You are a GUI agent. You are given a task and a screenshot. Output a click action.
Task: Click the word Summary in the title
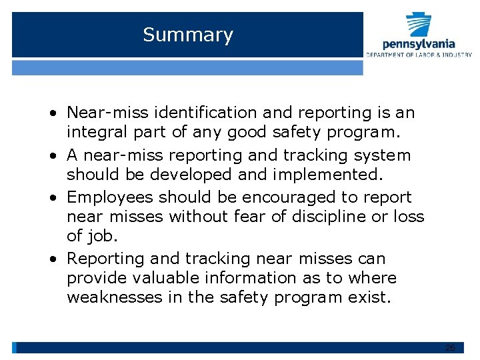(188, 35)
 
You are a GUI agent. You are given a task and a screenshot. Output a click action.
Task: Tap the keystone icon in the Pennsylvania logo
(419, 25)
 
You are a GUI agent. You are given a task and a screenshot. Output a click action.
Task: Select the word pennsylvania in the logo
(419, 44)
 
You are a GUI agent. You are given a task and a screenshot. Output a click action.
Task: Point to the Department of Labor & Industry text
(419, 55)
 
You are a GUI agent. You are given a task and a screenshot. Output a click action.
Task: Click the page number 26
(450, 348)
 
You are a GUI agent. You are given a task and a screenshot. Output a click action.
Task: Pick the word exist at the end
(369, 297)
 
